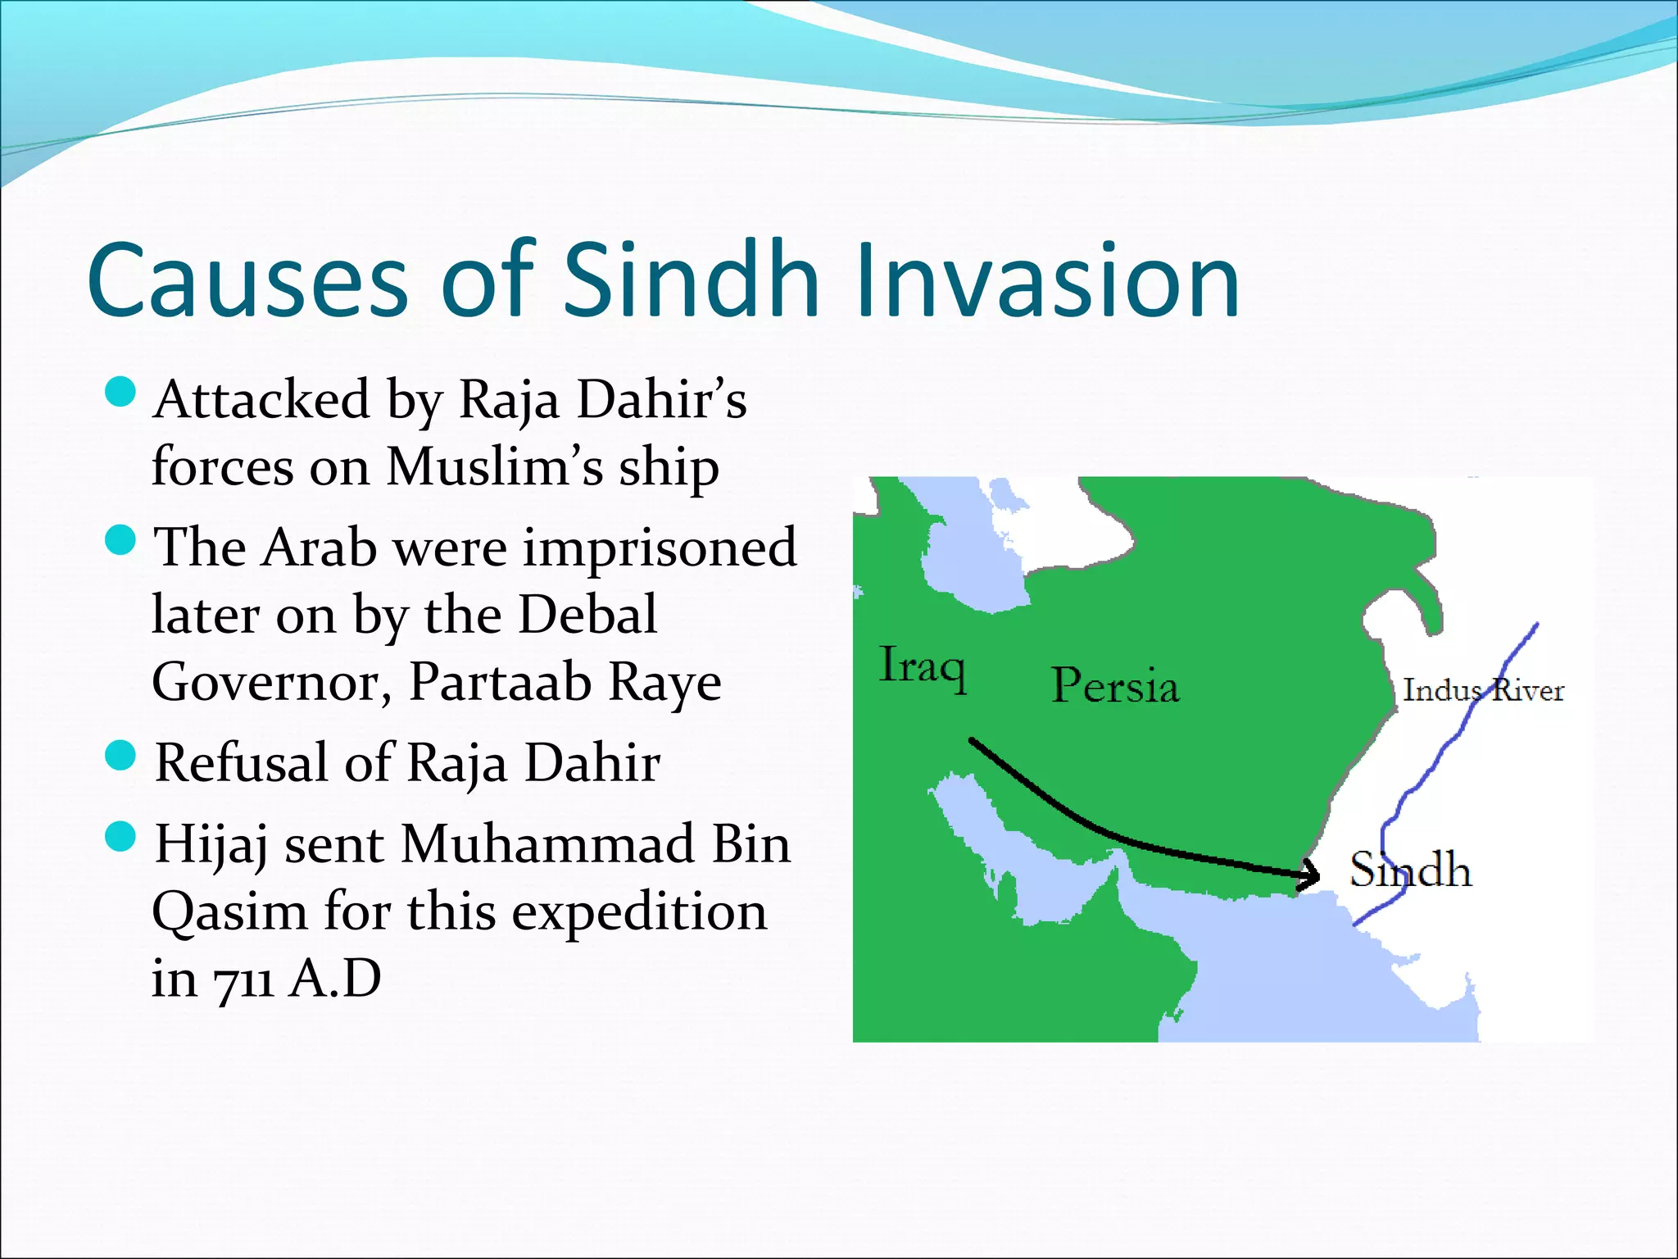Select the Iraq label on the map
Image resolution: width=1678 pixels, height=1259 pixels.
(922, 666)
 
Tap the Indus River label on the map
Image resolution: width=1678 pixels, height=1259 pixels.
(1482, 690)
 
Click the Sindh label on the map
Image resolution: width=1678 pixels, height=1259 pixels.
(1409, 870)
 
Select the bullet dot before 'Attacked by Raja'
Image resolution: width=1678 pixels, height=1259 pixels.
(120, 392)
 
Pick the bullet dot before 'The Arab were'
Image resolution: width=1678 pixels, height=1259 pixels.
(120, 540)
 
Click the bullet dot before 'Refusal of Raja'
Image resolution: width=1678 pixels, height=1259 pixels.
(120, 755)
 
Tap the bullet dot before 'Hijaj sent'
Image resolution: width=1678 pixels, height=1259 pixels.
(120, 837)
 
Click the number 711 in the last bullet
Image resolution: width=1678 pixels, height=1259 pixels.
(243, 980)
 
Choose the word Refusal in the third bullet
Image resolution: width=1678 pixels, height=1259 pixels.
(243, 762)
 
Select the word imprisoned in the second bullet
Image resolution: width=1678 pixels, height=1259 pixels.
(660, 548)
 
